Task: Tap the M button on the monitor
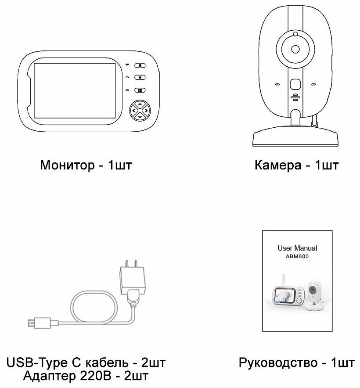pyautogui.click(x=139, y=77)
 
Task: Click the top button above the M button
pyautogui.click(x=139, y=65)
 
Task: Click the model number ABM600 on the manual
pyautogui.click(x=297, y=257)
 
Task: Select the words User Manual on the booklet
pyautogui.click(x=297, y=248)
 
